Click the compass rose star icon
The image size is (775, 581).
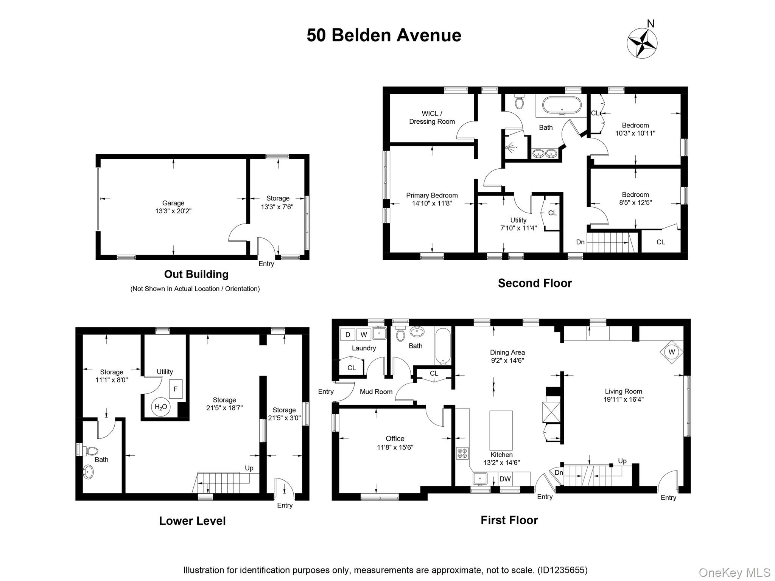click(x=642, y=43)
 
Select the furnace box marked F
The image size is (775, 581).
click(x=176, y=389)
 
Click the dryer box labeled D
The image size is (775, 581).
click(x=348, y=335)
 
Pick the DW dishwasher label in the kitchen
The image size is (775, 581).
click(x=505, y=479)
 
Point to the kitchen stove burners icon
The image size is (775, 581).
click(x=462, y=453)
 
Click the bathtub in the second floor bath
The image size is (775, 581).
click(x=562, y=106)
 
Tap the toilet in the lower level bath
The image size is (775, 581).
click(x=91, y=451)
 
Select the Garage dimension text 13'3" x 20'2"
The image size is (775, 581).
click(x=173, y=211)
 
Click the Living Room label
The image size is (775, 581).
click(x=623, y=391)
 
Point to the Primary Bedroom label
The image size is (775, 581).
click(x=432, y=195)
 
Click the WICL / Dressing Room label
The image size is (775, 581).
click(x=432, y=117)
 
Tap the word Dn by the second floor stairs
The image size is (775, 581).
click(x=580, y=242)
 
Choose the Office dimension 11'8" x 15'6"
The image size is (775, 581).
click(x=395, y=447)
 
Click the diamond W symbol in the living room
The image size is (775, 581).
click(x=672, y=352)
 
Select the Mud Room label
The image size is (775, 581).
click(x=376, y=392)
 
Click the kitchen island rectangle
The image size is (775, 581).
click(x=501, y=430)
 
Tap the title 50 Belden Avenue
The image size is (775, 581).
click(x=384, y=36)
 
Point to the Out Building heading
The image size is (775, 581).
click(x=196, y=274)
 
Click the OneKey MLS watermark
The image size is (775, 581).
click(x=734, y=573)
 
